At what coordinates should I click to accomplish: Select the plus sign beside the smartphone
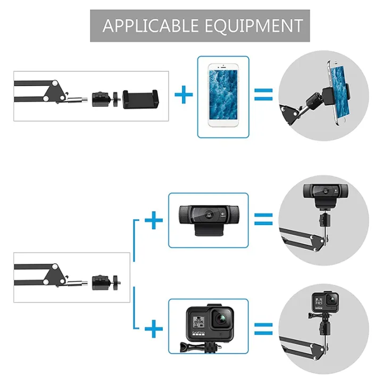pos(184,96)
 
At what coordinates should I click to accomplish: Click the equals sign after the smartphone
pos(263,96)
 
